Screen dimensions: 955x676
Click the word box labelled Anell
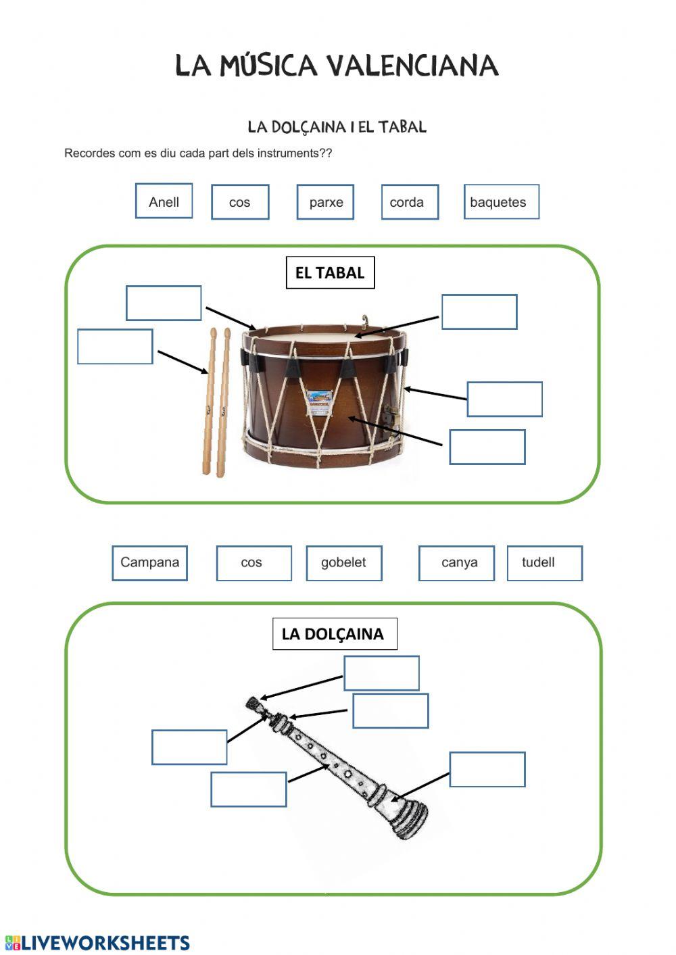(164, 201)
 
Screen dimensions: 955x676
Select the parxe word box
(325, 202)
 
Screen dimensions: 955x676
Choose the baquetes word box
(501, 202)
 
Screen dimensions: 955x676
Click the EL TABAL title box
(330, 272)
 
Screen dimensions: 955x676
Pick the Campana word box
(149, 563)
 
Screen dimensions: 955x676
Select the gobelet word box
(343, 563)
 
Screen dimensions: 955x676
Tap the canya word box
(456, 563)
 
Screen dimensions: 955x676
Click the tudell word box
(544, 563)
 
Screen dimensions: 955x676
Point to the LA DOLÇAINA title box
(334, 634)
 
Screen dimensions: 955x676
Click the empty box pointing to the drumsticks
(115, 347)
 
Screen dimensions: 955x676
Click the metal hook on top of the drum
(366, 320)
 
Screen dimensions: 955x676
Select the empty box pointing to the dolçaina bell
(487, 769)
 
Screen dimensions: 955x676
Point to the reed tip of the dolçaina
(253, 704)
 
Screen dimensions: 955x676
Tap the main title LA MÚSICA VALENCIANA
(337, 66)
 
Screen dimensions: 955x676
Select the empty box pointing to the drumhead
(479, 312)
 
